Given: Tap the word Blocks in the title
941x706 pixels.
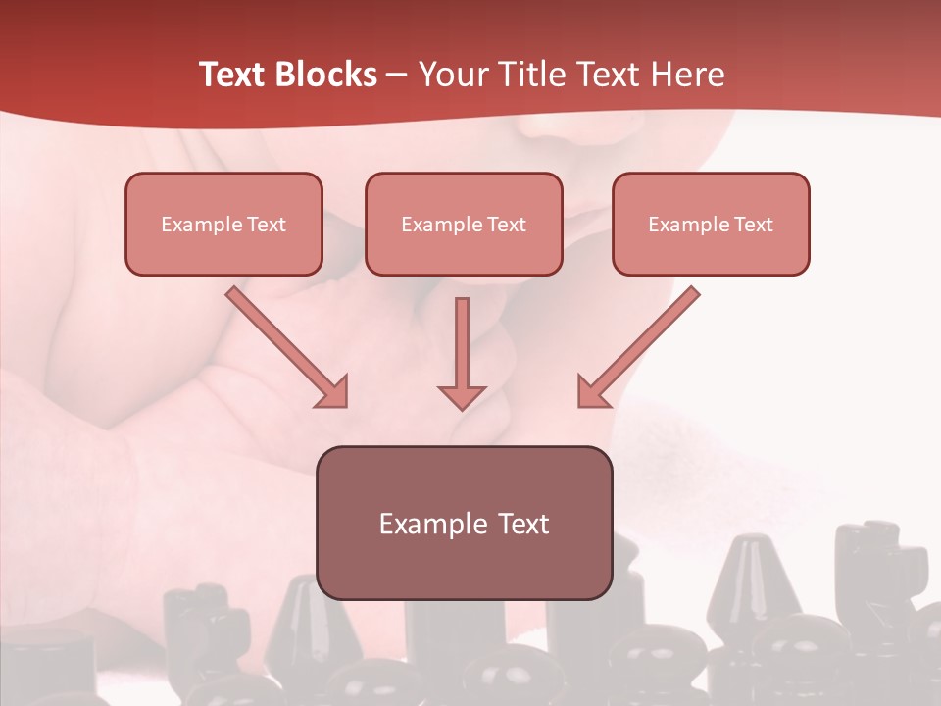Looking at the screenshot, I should click(x=324, y=75).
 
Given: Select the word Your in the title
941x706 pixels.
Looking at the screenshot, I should click(x=453, y=75).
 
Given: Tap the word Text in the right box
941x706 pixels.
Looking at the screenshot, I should click(x=754, y=224).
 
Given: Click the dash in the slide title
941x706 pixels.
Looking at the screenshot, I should click(x=398, y=75).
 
